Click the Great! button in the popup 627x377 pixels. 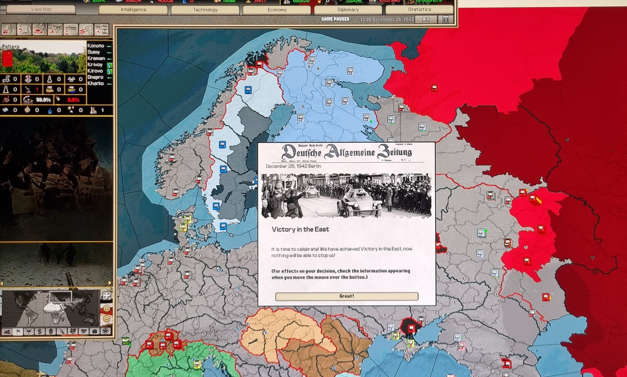[x=347, y=296]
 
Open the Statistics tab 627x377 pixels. [x=419, y=9]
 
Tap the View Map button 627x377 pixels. [x=41, y=9]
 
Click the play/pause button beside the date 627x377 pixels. [x=426, y=19]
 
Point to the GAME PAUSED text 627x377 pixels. [x=335, y=19]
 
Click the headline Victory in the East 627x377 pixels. [x=300, y=229]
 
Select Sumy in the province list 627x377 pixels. [x=93, y=52]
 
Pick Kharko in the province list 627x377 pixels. [x=96, y=83]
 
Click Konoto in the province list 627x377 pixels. [x=96, y=46]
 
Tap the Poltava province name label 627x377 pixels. [x=11, y=46]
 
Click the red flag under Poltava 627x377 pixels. [x=7, y=58]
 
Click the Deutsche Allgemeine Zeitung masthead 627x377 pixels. [x=347, y=152]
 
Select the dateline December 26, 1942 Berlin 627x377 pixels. [x=293, y=166]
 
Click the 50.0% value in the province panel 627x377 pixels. [x=43, y=100]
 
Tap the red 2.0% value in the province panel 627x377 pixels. [x=73, y=100]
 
